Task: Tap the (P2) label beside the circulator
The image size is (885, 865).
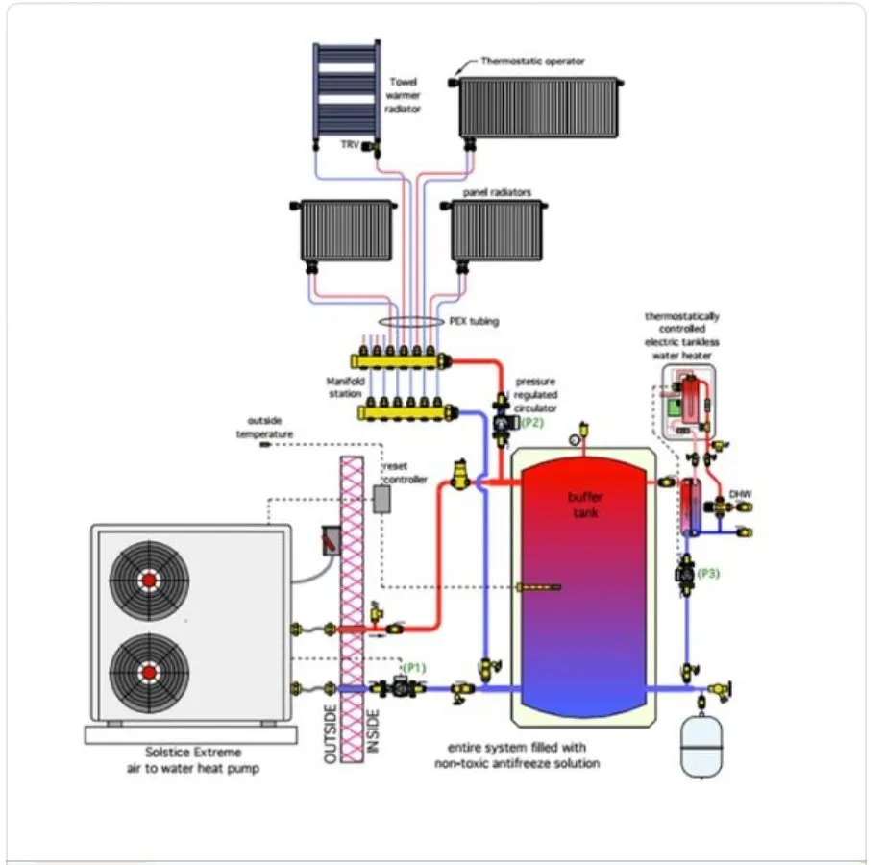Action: [x=532, y=421]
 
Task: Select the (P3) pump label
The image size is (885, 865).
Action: [x=709, y=574]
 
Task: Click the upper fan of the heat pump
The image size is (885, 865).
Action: [x=149, y=581]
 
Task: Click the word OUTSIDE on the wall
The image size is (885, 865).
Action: [x=332, y=735]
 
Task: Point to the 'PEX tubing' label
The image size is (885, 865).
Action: [x=476, y=322]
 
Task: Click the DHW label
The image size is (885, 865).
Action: [x=740, y=493]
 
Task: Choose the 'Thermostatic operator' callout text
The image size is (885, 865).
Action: [x=532, y=62]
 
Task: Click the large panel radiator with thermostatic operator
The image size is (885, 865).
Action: [x=538, y=108]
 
